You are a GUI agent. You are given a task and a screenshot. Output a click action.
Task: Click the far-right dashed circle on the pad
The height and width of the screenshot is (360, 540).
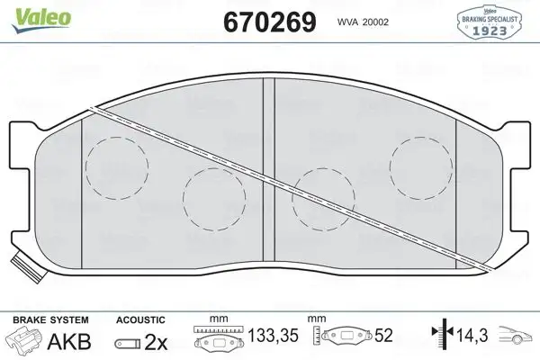coord(419,166)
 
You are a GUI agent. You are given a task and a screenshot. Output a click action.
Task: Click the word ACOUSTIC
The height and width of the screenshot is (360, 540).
coord(140,319)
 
